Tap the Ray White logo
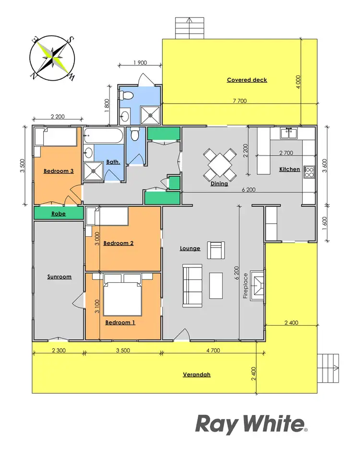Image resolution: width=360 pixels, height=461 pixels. tap(251, 425)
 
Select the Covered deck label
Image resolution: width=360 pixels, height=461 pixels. tap(247, 80)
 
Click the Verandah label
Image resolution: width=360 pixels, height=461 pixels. tap(197, 375)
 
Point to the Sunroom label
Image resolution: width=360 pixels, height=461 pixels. tap(60, 277)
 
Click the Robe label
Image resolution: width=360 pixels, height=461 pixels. tap(59, 214)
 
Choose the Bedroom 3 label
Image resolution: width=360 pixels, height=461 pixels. tap(59, 171)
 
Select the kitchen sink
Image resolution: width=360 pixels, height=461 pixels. tap(289, 133)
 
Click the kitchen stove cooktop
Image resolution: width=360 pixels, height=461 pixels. tap(309, 171)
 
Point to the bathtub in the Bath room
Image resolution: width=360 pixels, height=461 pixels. tap(103, 136)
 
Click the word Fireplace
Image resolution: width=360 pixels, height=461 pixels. tap(245, 287)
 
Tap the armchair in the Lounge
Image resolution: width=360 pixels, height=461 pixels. tap(216, 250)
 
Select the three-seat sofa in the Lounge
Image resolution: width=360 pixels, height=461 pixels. tap(192, 285)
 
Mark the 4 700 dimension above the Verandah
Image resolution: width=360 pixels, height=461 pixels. tap(212, 351)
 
